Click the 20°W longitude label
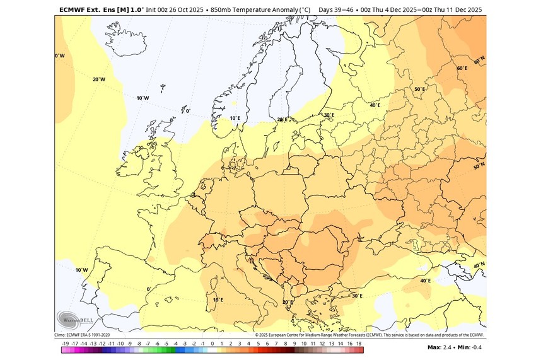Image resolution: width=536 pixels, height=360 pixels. click(x=98, y=79)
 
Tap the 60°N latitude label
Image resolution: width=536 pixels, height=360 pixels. click(x=479, y=58)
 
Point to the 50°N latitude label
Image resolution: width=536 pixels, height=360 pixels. click(x=479, y=167)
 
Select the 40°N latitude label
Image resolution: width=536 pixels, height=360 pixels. click(x=479, y=265)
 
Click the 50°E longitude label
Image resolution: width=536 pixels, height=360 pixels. click(x=419, y=90)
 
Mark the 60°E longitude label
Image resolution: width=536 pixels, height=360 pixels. click(x=462, y=68)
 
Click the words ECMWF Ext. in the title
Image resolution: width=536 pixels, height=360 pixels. click(x=79, y=9)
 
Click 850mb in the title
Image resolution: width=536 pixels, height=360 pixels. click(x=222, y=9)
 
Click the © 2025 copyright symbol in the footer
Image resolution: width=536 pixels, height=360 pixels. click(x=257, y=335)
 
